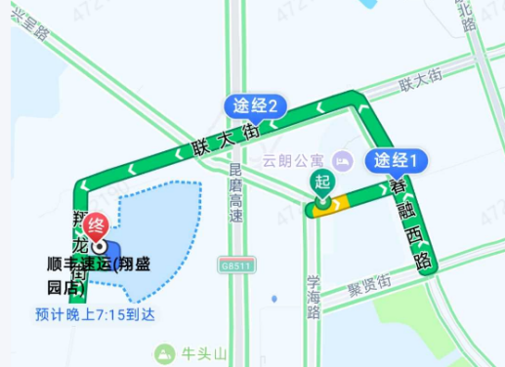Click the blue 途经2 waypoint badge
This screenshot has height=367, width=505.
click(257, 105)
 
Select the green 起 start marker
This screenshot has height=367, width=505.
click(320, 183)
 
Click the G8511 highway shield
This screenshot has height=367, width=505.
click(235, 265)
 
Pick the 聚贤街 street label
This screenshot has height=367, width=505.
click(369, 287)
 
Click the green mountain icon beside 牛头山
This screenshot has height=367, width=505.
click(162, 352)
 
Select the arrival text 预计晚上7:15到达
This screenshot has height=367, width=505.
click(96, 314)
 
